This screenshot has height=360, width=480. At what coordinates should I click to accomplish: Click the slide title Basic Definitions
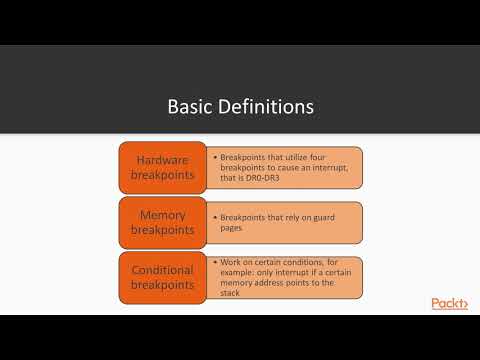[x=239, y=106]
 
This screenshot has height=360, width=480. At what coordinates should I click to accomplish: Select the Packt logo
[x=449, y=304]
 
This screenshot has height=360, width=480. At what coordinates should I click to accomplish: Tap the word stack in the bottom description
[x=233, y=294]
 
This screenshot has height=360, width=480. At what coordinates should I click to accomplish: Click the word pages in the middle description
[x=231, y=227]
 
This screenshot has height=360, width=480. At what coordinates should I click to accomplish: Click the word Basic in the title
[x=189, y=106]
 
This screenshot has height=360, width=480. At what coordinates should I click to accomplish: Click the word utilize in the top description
[x=297, y=157]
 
